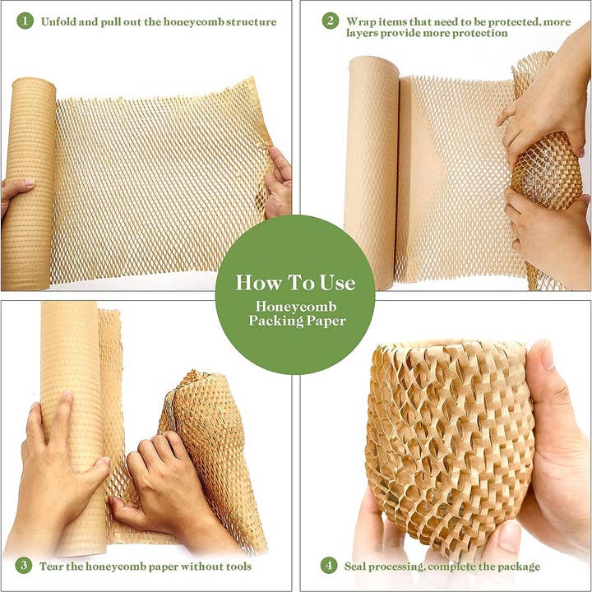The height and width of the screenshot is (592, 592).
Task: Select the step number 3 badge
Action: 25,566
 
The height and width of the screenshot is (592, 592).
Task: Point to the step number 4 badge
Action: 330,566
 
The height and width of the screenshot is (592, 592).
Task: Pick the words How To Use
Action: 295,283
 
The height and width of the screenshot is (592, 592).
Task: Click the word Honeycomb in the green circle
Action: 295,306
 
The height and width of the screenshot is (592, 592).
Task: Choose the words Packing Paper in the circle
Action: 297,321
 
